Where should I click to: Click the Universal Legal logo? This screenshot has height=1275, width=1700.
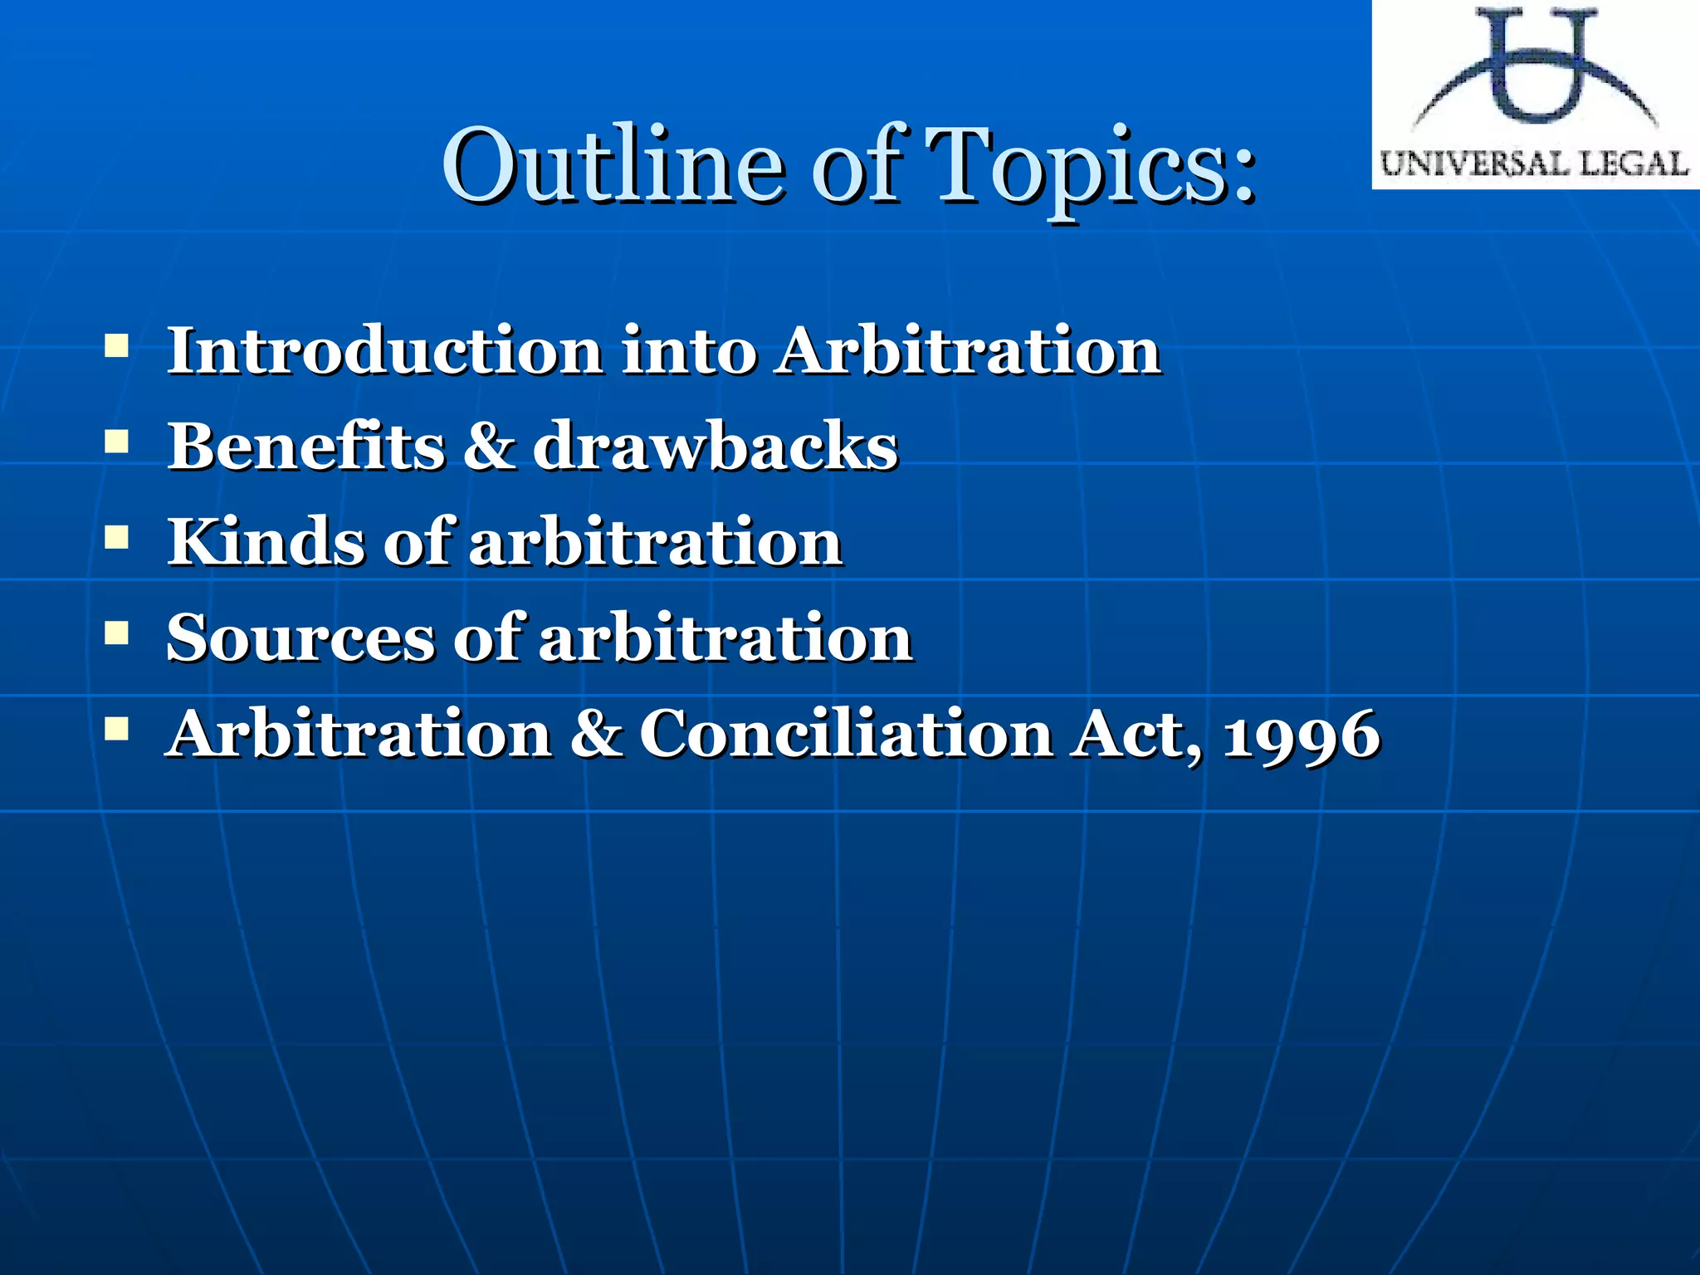[1535, 94]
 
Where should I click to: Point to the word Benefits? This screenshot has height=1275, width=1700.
[306, 446]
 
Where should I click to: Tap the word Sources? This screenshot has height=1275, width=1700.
[300, 637]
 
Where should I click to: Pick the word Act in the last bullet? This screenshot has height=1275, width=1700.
[1134, 734]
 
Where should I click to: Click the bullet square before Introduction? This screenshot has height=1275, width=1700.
[116, 344]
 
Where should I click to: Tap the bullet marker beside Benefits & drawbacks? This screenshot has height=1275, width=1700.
[116, 441]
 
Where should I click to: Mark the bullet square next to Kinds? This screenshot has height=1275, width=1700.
[116, 537]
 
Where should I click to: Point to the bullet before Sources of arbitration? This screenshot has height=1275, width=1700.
[116, 633]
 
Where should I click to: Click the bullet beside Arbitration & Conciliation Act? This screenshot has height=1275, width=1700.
[116, 730]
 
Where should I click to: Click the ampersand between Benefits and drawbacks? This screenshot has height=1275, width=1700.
[489, 446]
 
